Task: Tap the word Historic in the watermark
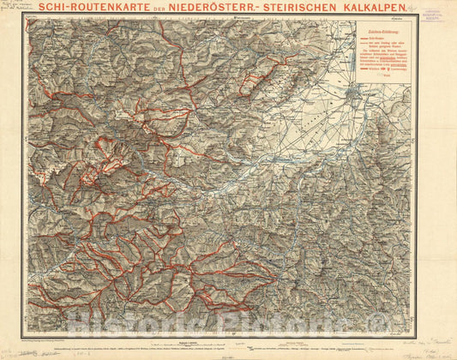pyautogui.click(x=146, y=321)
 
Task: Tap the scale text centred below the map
pyautogui.click(x=195, y=342)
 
